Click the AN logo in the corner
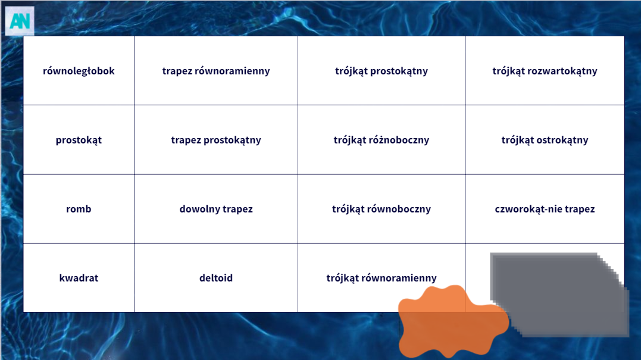pyautogui.click(x=20, y=21)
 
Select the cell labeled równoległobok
pyautogui.click(x=79, y=71)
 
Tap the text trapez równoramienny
pyautogui.click(x=216, y=71)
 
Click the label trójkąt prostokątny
pyautogui.click(x=382, y=71)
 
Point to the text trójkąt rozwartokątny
pyautogui.click(x=545, y=71)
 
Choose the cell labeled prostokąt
pyautogui.click(x=79, y=140)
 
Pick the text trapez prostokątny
pyautogui.click(x=216, y=140)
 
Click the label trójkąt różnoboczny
pyautogui.click(x=382, y=140)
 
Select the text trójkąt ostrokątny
pyautogui.click(x=545, y=140)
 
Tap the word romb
pyautogui.click(x=79, y=209)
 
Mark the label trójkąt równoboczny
pyautogui.click(x=382, y=209)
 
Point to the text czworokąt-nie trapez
pyautogui.click(x=545, y=209)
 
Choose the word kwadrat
pyautogui.click(x=79, y=278)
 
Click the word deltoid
pyautogui.click(x=216, y=278)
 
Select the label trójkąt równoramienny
pyautogui.click(x=382, y=278)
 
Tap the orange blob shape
pyautogui.click(x=452, y=321)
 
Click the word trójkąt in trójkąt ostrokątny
pyautogui.click(x=517, y=140)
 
